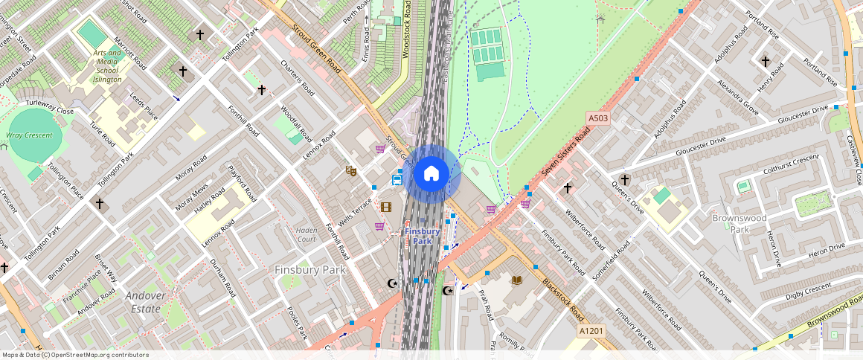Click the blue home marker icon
[x=431, y=174]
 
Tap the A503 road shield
[x=597, y=118]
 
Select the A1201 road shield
[x=590, y=330]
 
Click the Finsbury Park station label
[x=423, y=236]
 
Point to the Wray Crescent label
[x=29, y=135]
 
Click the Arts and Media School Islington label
[x=107, y=66]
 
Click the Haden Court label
[x=307, y=234]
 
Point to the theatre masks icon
[x=351, y=170]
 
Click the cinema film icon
[x=385, y=207]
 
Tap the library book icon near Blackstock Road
[x=517, y=280]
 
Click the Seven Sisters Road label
[x=565, y=151]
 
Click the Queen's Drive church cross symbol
[x=625, y=179]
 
